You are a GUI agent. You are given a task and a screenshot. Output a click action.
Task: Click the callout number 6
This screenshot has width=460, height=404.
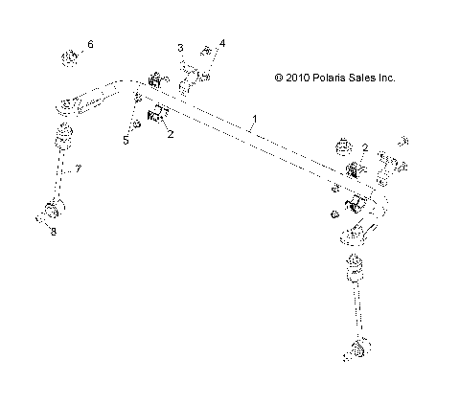click(x=91, y=45)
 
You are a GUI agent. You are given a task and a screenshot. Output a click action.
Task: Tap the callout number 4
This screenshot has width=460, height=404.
click(x=222, y=44)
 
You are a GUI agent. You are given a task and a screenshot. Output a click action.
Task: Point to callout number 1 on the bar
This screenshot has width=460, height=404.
click(x=254, y=120)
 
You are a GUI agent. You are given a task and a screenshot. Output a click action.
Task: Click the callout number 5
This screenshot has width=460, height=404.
click(x=125, y=139)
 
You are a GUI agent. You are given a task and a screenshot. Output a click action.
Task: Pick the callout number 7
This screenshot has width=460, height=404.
click(x=79, y=168)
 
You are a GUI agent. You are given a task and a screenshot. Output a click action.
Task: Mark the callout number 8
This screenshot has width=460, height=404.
click(x=54, y=233)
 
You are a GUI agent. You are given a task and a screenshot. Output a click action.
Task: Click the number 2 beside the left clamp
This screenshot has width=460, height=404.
click(x=171, y=135)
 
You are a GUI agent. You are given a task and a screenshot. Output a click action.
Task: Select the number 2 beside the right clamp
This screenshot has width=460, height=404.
click(x=365, y=147)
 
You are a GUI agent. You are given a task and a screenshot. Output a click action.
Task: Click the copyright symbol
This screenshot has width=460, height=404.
click(x=279, y=79)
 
